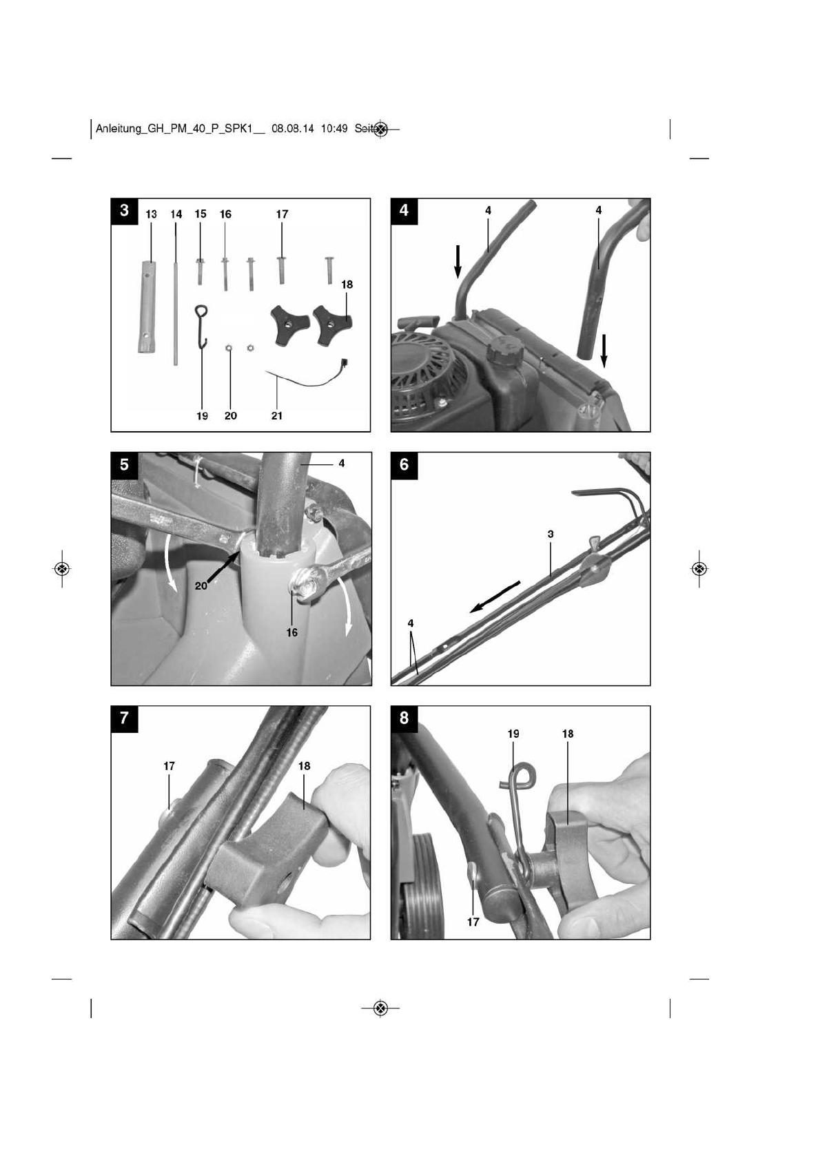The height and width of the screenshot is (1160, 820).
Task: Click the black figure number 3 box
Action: coord(124,211)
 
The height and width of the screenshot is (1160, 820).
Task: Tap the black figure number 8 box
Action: coord(404,718)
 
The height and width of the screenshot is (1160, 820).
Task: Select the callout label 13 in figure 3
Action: coord(151,214)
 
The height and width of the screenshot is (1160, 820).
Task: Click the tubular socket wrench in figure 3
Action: coord(145,307)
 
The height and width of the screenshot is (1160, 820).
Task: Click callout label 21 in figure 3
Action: coord(276,416)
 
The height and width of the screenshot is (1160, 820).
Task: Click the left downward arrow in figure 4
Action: coord(457,261)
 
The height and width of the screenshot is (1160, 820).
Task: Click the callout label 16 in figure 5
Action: coord(292,632)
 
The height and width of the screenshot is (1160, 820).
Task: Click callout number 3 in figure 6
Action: coord(551,534)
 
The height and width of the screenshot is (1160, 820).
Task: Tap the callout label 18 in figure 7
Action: coord(305,765)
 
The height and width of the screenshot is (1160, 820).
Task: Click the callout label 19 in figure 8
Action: coord(513,734)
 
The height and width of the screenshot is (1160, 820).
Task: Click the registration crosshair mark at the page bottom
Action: coord(380,1008)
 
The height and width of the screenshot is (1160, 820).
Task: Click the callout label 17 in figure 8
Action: coord(473,922)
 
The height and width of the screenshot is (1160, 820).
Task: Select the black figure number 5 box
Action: coord(124,464)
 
